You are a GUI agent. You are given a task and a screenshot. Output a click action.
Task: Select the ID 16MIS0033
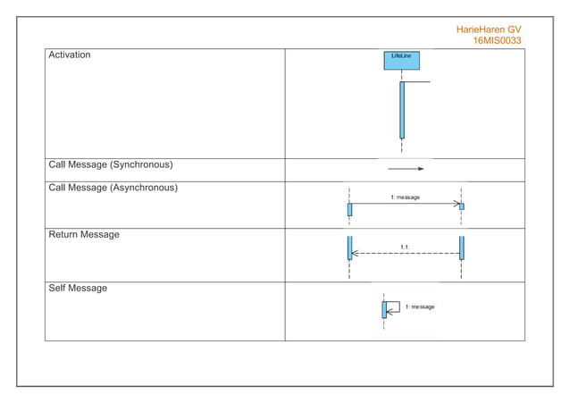coord(497,41)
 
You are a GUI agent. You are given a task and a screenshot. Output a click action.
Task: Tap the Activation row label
coord(70,55)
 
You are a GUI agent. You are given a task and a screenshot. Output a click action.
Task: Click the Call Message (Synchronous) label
coord(110,165)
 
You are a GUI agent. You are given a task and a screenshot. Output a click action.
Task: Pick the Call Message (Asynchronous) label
coord(113,189)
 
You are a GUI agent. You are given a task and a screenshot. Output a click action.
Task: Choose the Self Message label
coord(78,289)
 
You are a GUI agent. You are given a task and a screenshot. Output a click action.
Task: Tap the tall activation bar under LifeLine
coord(402,109)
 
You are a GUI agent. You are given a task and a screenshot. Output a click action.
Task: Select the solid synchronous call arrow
coord(406,168)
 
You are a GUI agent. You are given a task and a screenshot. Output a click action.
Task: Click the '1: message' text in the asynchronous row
coord(405,197)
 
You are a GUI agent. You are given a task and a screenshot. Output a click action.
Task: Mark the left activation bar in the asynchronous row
coord(349,209)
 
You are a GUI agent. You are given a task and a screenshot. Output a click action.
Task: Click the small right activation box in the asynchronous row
coord(462,206)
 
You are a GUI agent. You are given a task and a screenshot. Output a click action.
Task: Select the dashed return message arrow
coord(406,254)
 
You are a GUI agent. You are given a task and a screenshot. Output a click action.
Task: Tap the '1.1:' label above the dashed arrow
coord(405,246)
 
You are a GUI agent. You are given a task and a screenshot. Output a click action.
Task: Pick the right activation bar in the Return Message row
coord(462,248)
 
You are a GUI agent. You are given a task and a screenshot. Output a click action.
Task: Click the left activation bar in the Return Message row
coord(349,248)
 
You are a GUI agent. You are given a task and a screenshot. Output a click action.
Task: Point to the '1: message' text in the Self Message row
coord(420,306)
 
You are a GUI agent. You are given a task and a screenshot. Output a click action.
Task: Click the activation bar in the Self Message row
coord(384,310)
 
